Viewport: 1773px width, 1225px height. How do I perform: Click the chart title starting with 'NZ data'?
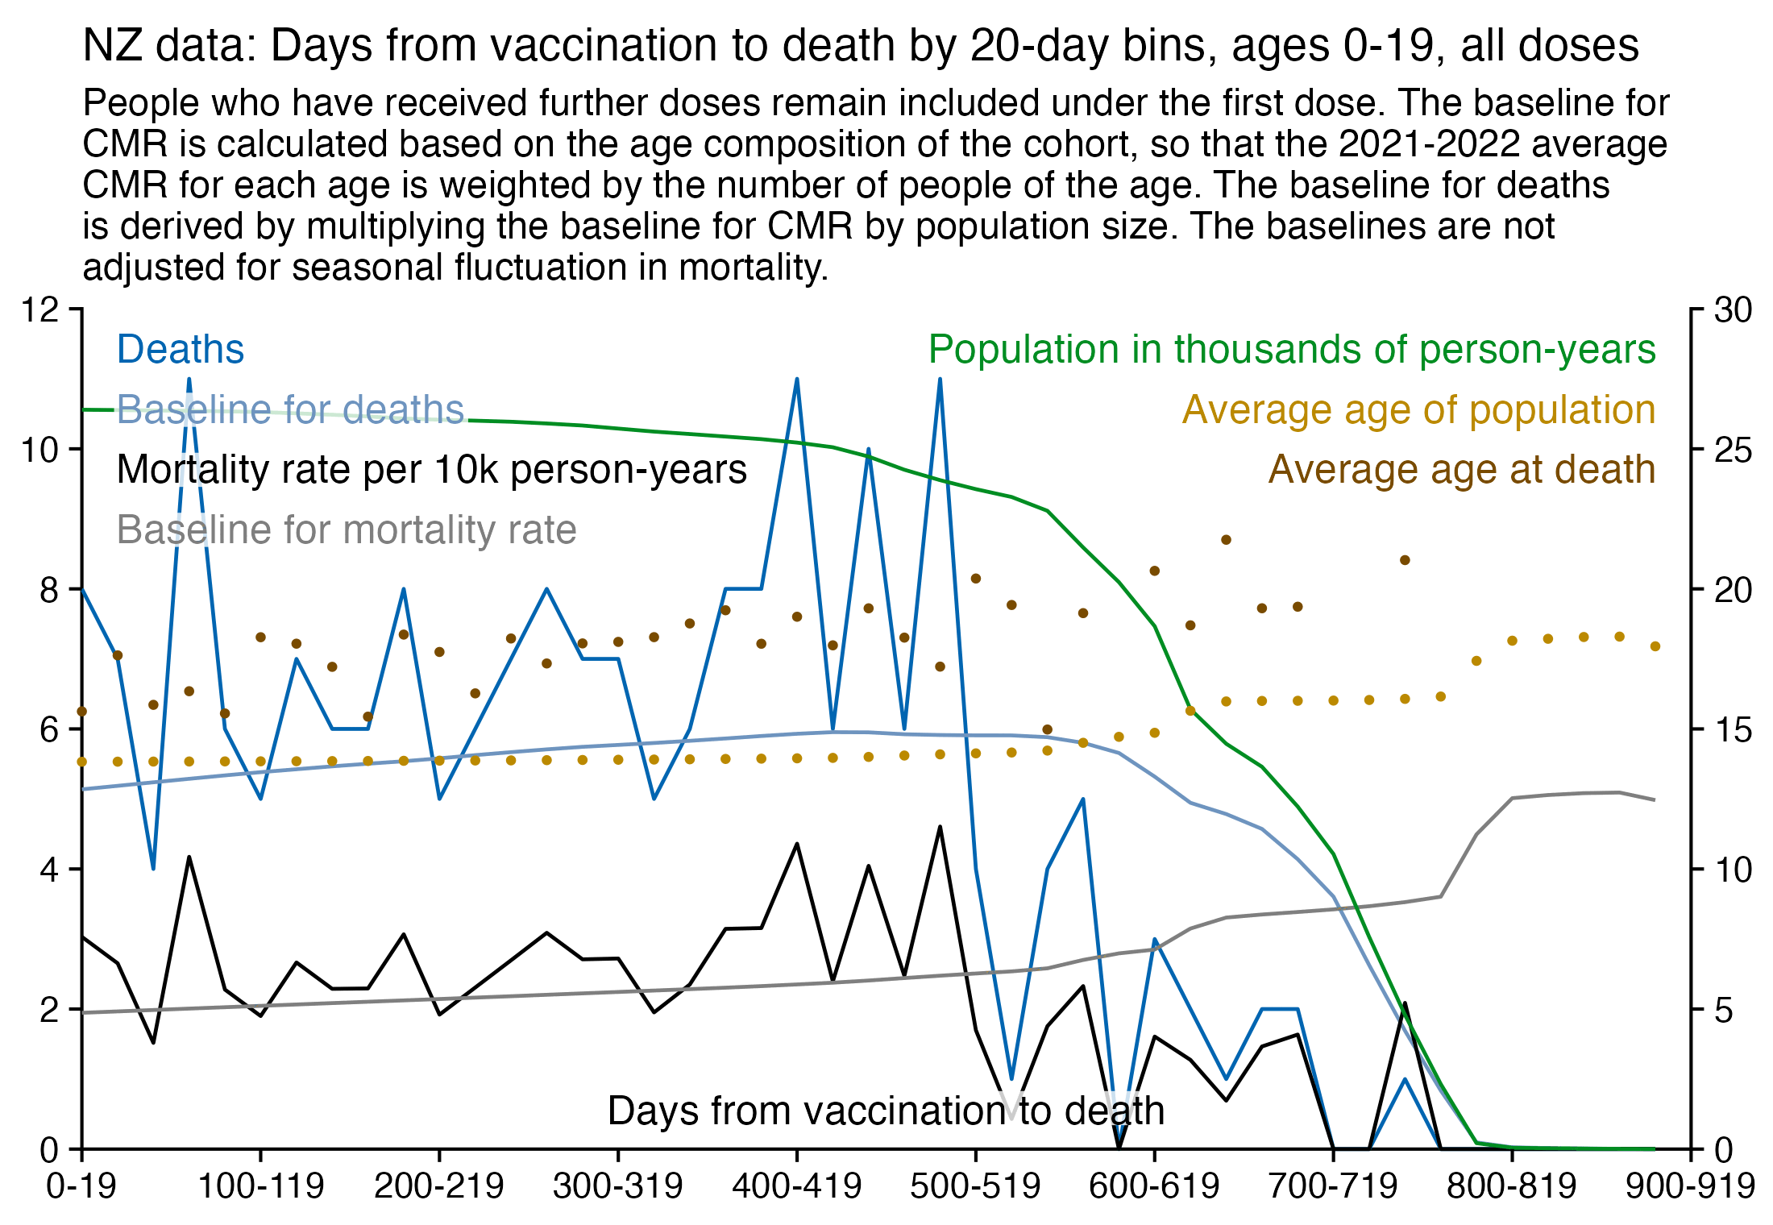(860, 45)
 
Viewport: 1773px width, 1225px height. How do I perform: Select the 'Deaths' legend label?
(181, 350)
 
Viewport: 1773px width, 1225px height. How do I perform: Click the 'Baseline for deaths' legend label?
(291, 410)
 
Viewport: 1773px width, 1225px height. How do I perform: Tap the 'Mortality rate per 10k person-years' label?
(431, 470)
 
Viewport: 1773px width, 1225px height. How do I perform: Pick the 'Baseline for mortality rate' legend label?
(347, 530)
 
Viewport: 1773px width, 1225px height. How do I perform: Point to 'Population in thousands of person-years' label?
(1292, 350)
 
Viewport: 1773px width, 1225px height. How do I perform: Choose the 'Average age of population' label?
(1418, 410)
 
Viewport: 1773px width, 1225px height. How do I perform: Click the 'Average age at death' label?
(1462, 470)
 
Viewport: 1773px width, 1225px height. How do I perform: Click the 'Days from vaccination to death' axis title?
(886, 1111)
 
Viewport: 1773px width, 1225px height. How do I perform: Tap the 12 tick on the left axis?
(40, 309)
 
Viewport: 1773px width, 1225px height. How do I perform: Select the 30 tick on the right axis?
(1733, 310)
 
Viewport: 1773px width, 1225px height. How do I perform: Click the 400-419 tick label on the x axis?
(796, 1186)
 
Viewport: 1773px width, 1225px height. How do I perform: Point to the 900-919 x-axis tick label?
(1690, 1186)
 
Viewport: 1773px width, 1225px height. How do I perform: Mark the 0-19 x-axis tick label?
(81, 1186)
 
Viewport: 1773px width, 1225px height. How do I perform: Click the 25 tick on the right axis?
(1733, 450)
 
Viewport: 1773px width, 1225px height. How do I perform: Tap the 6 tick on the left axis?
(50, 729)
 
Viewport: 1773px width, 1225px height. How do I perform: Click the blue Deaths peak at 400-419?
(797, 379)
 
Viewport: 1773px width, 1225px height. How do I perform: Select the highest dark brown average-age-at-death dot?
(1226, 540)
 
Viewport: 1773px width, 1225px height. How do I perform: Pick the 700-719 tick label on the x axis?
(1333, 1186)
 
